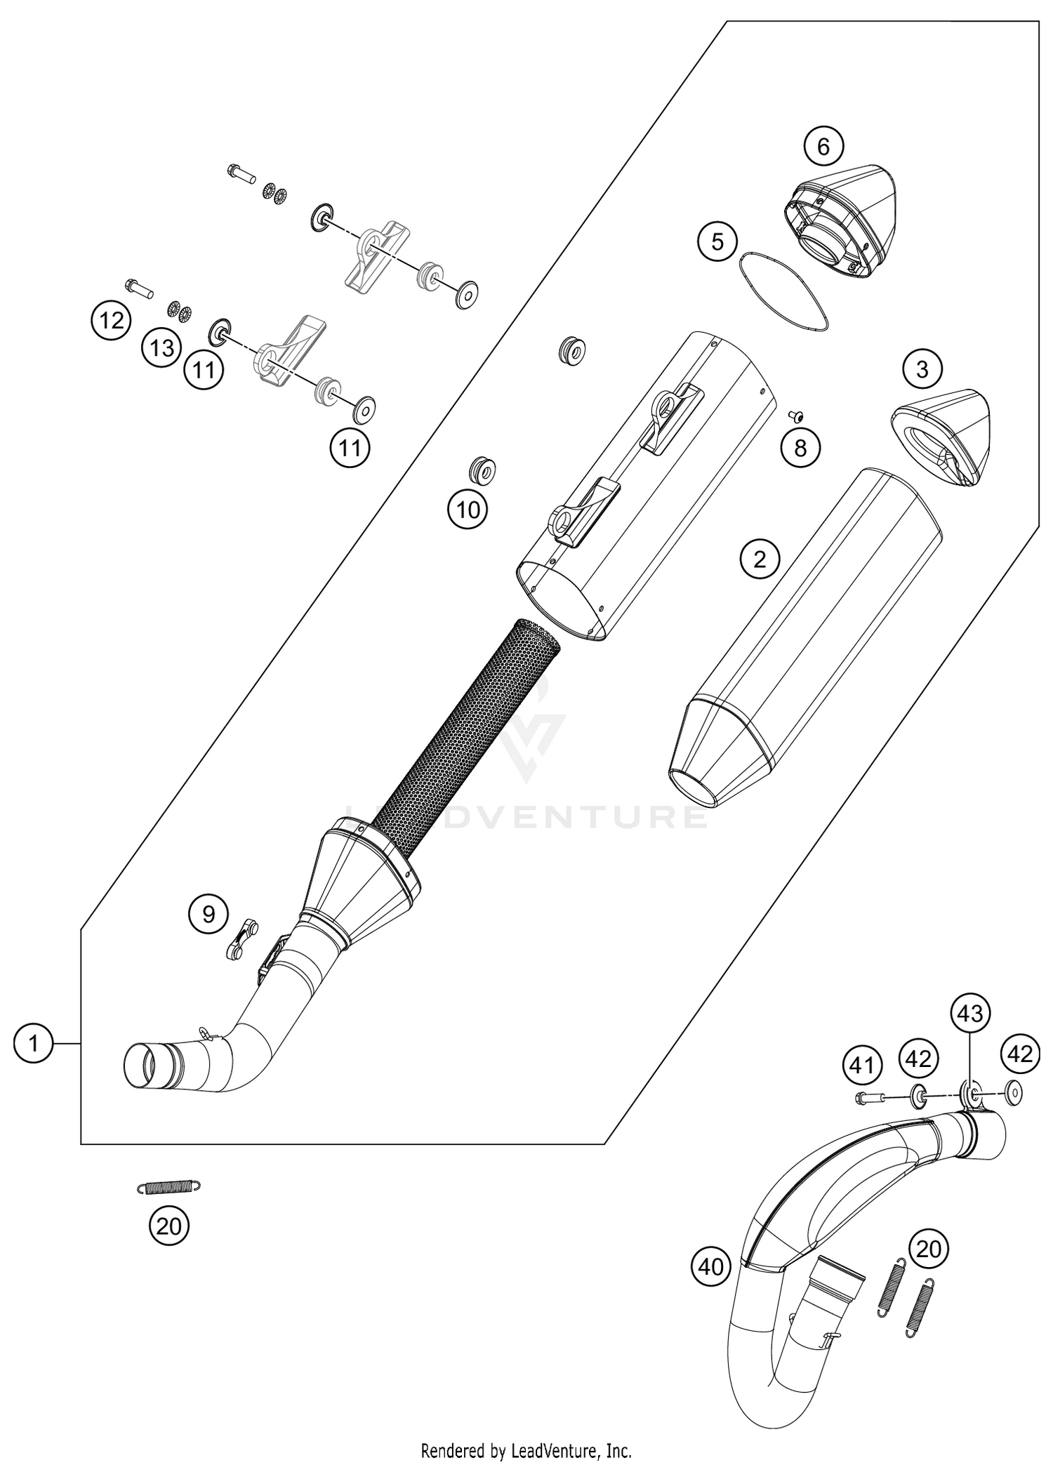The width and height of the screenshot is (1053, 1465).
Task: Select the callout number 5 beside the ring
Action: [717, 242]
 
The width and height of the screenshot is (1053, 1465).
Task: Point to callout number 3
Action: [922, 369]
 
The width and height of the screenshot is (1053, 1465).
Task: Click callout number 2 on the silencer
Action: [760, 559]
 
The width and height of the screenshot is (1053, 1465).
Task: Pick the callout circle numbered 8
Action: [800, 447]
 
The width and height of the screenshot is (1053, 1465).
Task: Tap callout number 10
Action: [468, 510]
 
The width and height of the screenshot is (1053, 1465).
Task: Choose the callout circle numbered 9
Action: [208, 914]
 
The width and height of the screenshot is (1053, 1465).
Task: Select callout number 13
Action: [162, 347]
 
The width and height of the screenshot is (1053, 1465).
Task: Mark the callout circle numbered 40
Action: [711, 1266]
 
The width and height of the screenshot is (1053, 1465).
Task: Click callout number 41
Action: [862, 1065]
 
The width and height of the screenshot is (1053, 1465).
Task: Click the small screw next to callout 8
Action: [796, 415]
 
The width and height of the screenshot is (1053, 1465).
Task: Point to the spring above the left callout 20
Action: [168, 1186]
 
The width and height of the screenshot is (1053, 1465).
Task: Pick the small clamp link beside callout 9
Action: [241, 938]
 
